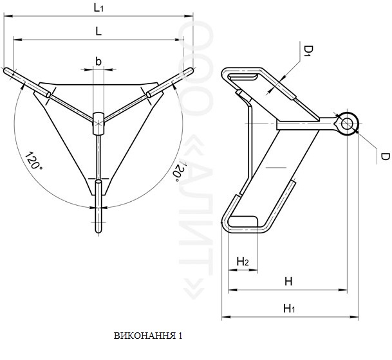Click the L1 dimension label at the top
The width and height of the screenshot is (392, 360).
click(x=98, y=8)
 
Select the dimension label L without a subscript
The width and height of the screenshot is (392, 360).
click(x=98, y=32)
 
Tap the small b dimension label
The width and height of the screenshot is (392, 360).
click(x=98, y=61)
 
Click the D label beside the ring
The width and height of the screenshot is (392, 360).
click(x=386, y=156)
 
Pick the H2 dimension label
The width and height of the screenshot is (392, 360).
click(x=243, y=262)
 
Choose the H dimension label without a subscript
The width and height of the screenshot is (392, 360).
click(x=288, y=282)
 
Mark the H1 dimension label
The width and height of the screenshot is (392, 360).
click(x=289, y=309)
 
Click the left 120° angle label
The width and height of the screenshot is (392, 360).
click(x=33, y=161)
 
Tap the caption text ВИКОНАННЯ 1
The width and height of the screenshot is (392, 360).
click(x=148, y=336)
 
